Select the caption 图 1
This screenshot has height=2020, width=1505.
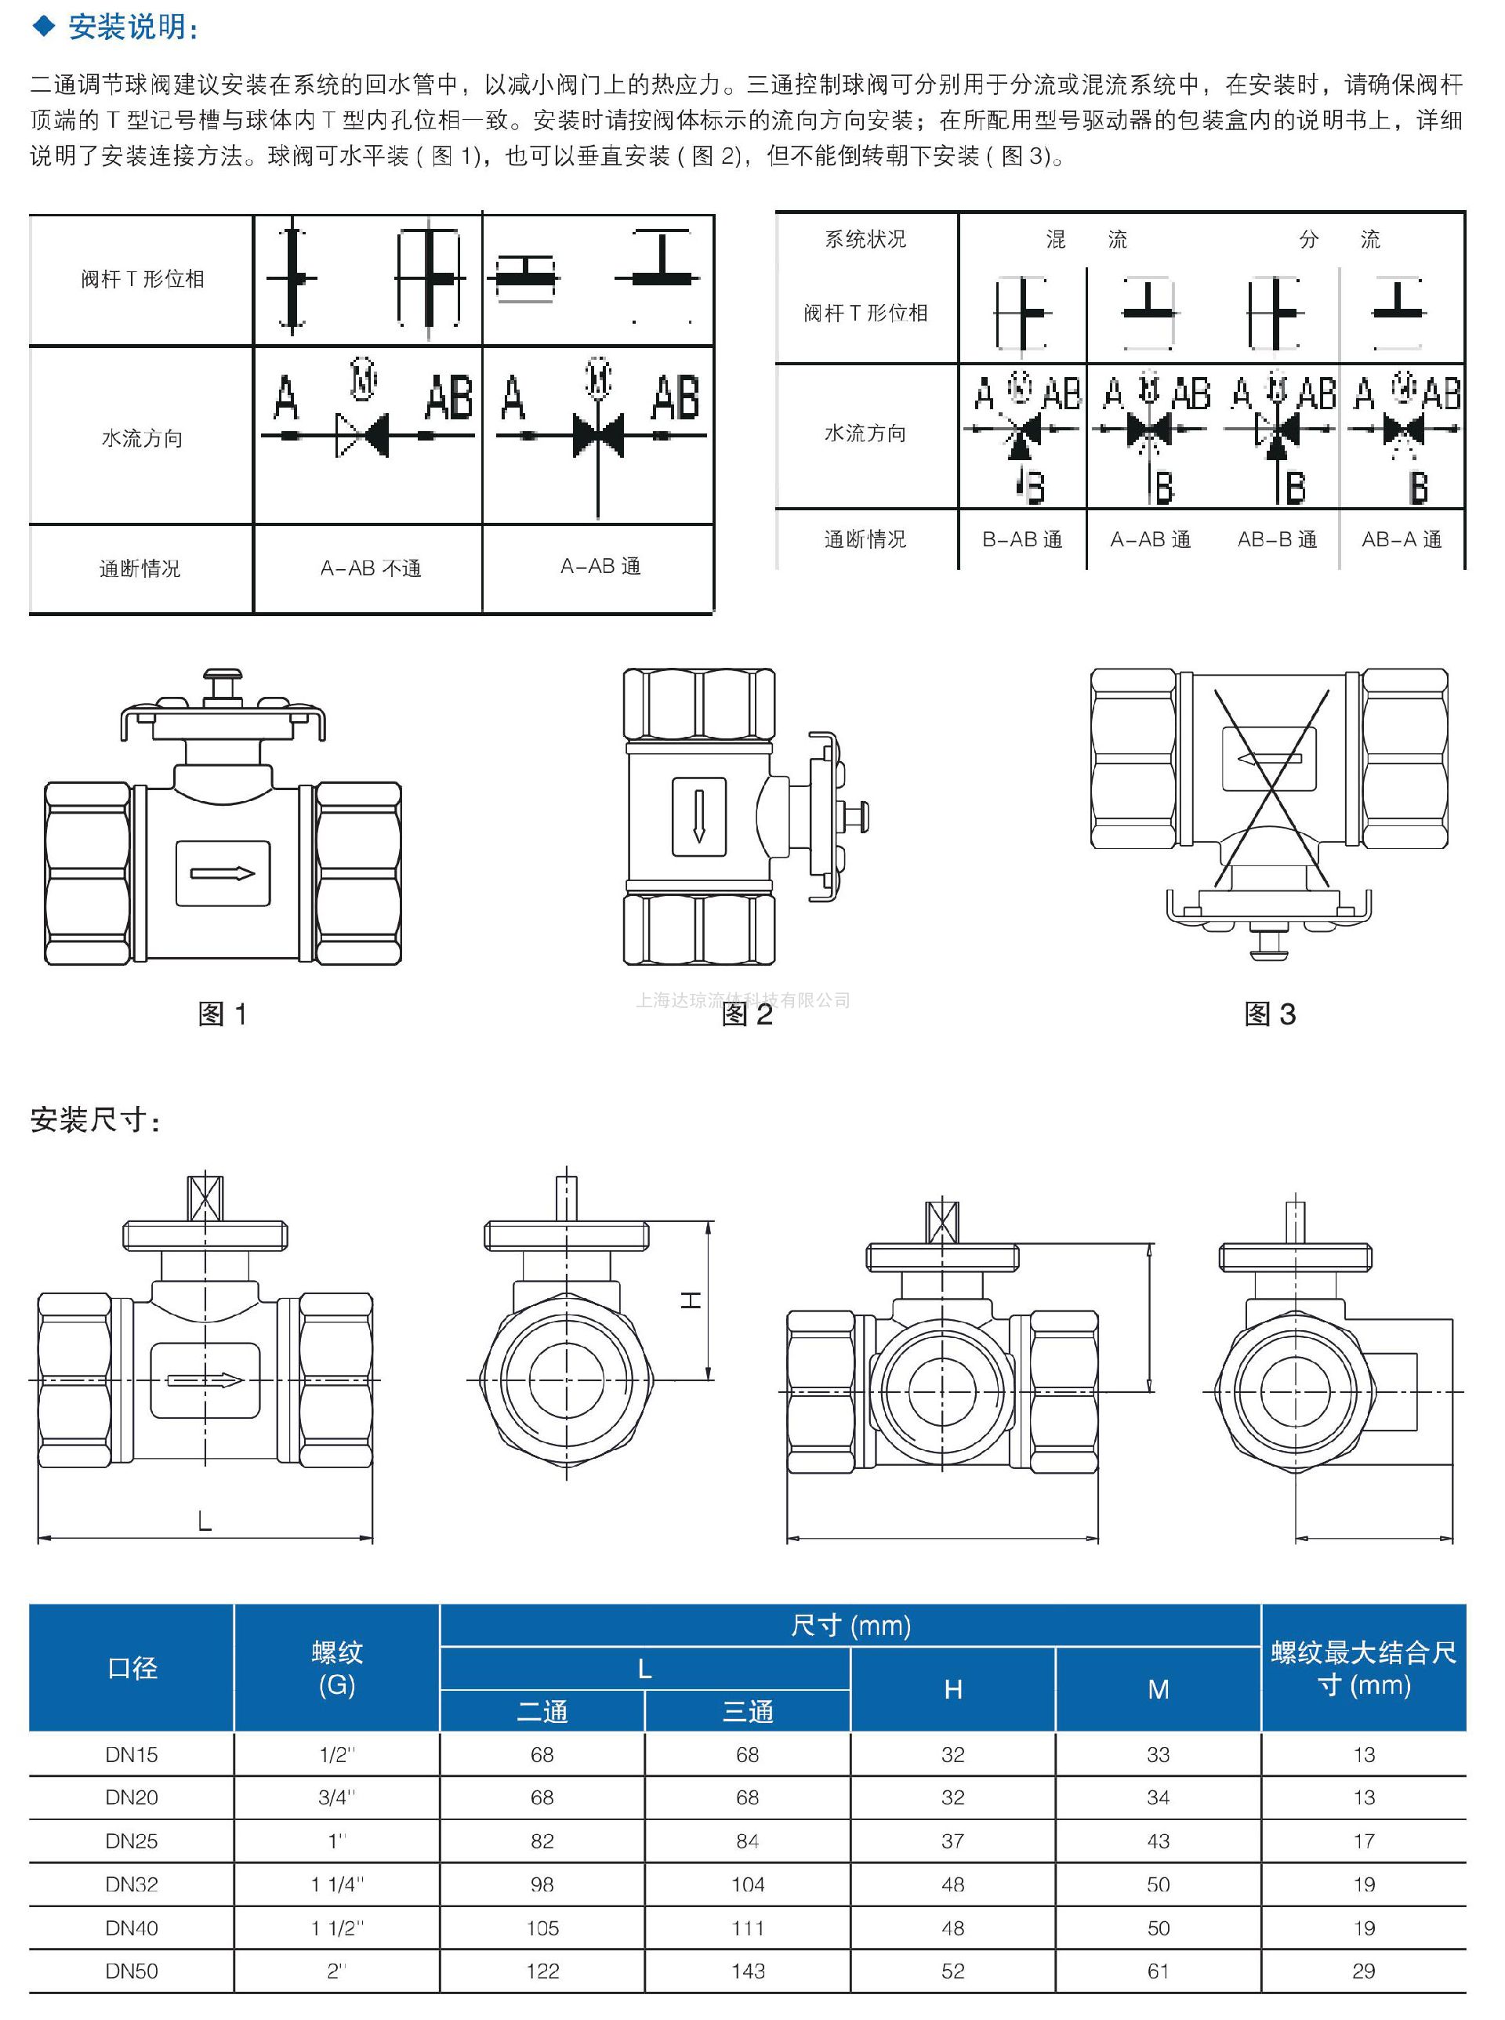coord(223,1014)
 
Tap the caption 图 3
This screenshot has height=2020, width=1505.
coord(1269,1014)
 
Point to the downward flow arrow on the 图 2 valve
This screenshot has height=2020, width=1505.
coord(698,816)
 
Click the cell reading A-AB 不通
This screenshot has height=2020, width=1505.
coord(370,568)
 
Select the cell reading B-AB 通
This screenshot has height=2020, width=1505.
coord(1022,539)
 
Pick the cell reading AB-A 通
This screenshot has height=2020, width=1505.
coord(1402,539)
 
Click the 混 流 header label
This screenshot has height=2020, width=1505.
coord(1086,240)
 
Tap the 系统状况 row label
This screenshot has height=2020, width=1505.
coord(865,240)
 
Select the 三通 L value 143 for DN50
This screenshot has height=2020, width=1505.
coord(747,1971)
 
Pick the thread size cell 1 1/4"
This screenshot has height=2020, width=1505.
coord(337,1884)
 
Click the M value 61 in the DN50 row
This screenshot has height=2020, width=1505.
coord(1158,1971)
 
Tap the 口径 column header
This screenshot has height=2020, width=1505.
coord(132,1667)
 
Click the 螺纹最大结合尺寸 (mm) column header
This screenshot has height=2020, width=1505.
coord(1364,1667)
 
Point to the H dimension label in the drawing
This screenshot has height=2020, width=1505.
coord(691,1300)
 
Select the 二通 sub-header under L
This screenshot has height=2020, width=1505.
coord(542,1711)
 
